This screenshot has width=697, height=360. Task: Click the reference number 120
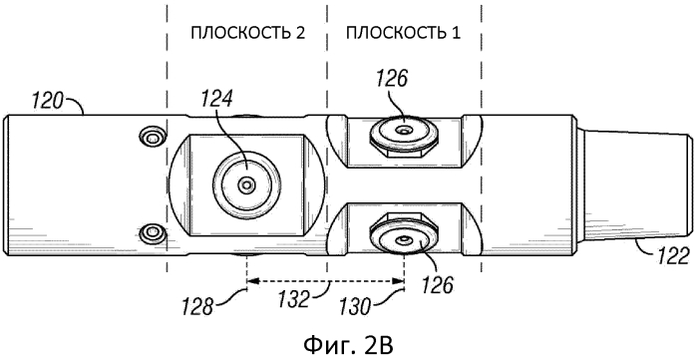46,103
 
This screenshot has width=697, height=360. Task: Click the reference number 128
196,307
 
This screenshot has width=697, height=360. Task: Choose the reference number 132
296,299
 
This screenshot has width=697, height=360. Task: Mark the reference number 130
355,307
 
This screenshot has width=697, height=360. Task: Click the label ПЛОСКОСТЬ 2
248,34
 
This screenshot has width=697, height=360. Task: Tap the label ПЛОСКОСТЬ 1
403,34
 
